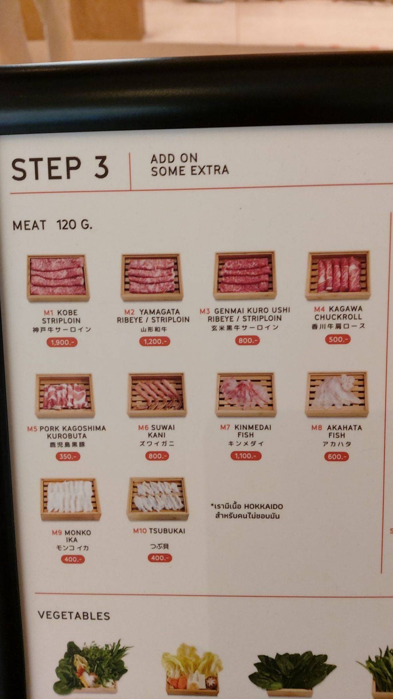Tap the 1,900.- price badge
click(x=62, y=342)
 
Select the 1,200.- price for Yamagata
click(x=155, y=341)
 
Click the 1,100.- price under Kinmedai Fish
click(x=246, y=456)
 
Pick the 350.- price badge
click(x=68, y=457)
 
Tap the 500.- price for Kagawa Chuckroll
click(x=338, y=339)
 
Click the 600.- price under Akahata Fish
click(x=336, y=457)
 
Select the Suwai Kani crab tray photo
click(x=157, y=395)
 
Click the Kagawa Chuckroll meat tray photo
click(x=338, y=275)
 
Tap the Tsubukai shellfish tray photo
click(x=158, y=499)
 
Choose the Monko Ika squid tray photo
click(x=70, y=499)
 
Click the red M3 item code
click(x=205, y=311)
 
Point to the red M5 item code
click(x=32, y=429)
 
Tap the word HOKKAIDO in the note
click(x=263, y=506)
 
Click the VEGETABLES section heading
click(x=74, y=616)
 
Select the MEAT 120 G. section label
click(x=52, y=225)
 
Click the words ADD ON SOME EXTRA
click(x=190, y=165)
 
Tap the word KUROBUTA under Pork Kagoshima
click(x=67, y=436)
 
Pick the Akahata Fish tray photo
click(x=337, y=394)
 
